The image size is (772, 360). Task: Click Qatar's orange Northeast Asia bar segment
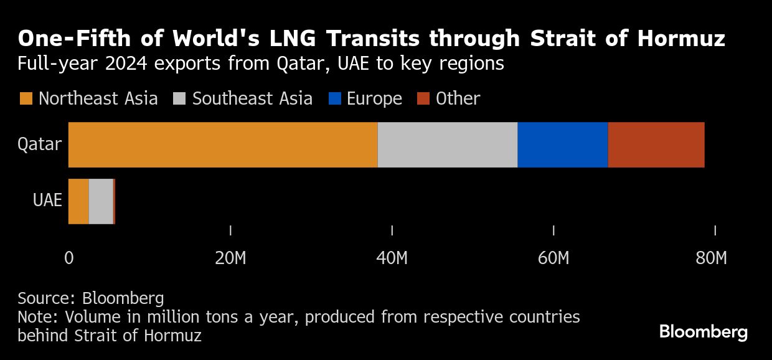[x=222, y=145]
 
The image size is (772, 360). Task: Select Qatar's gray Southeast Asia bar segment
[x=447, y=145]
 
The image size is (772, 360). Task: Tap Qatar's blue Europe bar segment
[x=562, y=145]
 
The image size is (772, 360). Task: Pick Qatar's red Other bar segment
[x=656, y=145]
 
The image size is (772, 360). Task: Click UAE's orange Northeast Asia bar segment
[x=78, y=201]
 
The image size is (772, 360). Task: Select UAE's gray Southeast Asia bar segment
[x=101, y=201]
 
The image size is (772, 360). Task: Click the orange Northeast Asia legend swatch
[x=26, y=99]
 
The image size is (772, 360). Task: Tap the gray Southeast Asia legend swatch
[x=180, y=99]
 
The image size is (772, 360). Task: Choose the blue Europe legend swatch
[x=334, y=99]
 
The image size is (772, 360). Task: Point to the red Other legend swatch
[x=423, y=99]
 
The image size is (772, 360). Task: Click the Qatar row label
[x=40, y=144]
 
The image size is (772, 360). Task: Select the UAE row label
[x=47, y=201]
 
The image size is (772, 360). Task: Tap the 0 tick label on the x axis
[x=68, y=258]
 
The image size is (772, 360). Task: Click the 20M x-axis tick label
[x=230, y=258]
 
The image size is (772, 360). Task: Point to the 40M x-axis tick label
[x=392, y=258]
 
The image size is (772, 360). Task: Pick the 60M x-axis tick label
[x=553, y=258]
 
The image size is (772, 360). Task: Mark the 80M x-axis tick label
[x=711, y=258]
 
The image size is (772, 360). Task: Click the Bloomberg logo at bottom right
[x=704, y=332]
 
